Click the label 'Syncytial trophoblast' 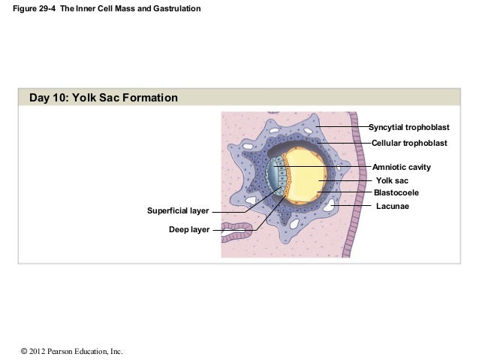pyautogui.click(x=408, y=127)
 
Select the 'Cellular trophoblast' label pyautogui.click(x=409, y=143)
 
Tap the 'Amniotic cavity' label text pyautogui.click(x=402, y=167)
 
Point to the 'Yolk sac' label pyautogui.click(x=391, y=180)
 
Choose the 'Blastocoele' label pyautogui.click(x=396, y=193)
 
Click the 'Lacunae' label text pyautogui.click(x=392, y=206)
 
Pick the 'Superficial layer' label pyautogui.click(x=177, y=211)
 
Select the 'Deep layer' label pyautogui.click(x=189, y=229)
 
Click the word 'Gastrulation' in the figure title pyautogui.click(x=176, y=8)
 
